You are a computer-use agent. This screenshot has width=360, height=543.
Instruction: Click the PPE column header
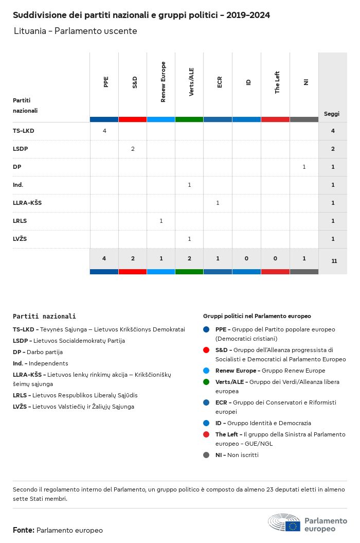tap(106, 82)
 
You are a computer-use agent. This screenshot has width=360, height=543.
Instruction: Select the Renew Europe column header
tap(163, 82)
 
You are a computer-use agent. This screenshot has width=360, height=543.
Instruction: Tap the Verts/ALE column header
tap(191, 82)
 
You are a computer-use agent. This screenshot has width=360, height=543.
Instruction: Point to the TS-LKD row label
tap(24, 131)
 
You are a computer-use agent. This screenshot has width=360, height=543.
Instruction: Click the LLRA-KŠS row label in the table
tap(27, 203)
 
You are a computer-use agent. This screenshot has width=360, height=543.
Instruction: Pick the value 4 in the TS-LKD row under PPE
tap(104, 131)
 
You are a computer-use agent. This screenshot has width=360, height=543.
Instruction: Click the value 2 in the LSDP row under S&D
tap(133, 149)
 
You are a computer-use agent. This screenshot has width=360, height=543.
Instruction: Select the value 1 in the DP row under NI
tap(304, 167)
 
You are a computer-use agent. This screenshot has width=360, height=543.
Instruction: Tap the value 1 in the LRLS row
tap(161, 221)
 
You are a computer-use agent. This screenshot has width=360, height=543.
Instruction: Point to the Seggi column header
tap(332, 114)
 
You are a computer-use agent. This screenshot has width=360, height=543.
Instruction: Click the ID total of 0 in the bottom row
tap(247, 258)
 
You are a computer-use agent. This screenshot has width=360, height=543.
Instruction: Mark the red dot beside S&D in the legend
tap(206, 350)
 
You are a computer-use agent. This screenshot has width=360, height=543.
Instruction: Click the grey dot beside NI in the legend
tap(206, 455)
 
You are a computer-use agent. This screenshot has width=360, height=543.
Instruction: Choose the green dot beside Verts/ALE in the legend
tap(206, 382)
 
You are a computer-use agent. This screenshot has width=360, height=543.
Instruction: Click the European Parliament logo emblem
tap(284, 522)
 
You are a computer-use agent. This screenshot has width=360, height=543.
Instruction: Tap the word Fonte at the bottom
tap(24, 530)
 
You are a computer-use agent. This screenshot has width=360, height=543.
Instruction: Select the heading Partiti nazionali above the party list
tap(44, 317)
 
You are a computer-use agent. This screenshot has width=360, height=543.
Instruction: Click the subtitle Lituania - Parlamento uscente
tap(76, 31)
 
